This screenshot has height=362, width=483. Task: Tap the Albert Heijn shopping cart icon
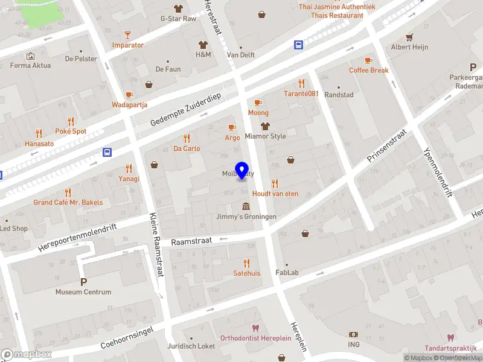(x=410, y=37)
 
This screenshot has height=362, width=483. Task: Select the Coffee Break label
(x=368, y=70)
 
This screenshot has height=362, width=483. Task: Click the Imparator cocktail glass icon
(x=127, y=35)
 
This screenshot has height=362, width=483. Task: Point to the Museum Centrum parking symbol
(x=83, y=281)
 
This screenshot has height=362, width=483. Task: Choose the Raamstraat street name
(x=191, y=241)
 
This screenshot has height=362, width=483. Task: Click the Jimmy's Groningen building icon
(x=246, y=206)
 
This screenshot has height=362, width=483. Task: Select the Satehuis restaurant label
(x=246, y=273)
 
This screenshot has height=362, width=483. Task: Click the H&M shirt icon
(x=203, y=45)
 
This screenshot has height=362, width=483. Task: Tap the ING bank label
(x=354, y=345)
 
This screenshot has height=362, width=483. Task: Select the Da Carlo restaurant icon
(x=187, y=138)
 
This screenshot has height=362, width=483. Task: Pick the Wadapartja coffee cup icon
(x=129, y=95)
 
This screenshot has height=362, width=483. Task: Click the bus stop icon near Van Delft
(x=298, y=45)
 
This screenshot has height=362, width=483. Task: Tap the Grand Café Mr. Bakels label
(x=68, y=203)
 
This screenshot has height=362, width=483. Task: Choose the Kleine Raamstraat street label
(x=156, y=244)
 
